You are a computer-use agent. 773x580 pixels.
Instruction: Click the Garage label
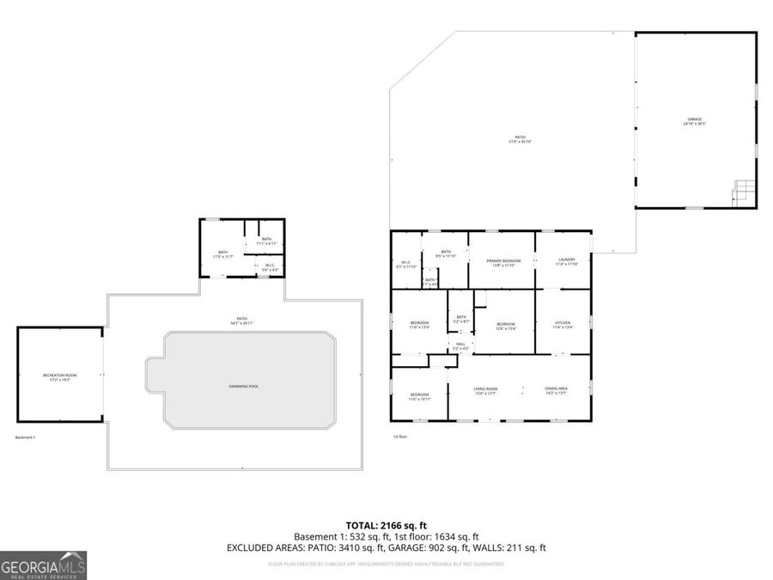pyautogui.click(x=694, y=121)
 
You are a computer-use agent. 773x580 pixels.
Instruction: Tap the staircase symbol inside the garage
pyautogui.click(x=745, y=192)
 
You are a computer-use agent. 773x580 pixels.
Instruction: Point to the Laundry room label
pyautogui.click(x=566, y=261)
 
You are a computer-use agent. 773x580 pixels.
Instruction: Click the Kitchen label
pyautogui.click(x=563, y=325)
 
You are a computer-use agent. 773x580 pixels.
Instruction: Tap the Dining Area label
pyautogui.click(x=556, y=391)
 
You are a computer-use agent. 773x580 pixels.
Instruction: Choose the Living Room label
pyautogui.click(x=486, y=391)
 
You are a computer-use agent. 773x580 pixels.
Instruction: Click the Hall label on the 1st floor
pyautogui.click(x=461, y=346)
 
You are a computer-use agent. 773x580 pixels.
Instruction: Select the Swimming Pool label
pyautogui.click(x=243, y=387)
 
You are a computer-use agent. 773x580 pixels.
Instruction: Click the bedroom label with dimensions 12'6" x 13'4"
pyautogui.click(x=505, y=325)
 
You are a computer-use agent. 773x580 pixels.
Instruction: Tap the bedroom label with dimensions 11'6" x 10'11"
pyautogui.click(x=419, y=397)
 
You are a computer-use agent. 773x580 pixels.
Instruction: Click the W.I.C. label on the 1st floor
pyautogui.click(x=405, y=264)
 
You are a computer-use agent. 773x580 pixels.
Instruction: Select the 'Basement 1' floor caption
pyautogui.click(x=26, y=437)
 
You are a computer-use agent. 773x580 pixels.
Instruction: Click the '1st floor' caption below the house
pyautogui.click(x=399, y=437)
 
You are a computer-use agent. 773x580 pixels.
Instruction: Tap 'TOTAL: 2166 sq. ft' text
pyautogui.click(x=386, y=524)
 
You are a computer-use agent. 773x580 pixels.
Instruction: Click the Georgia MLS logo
pyautogui.click(x=44, y=566)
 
